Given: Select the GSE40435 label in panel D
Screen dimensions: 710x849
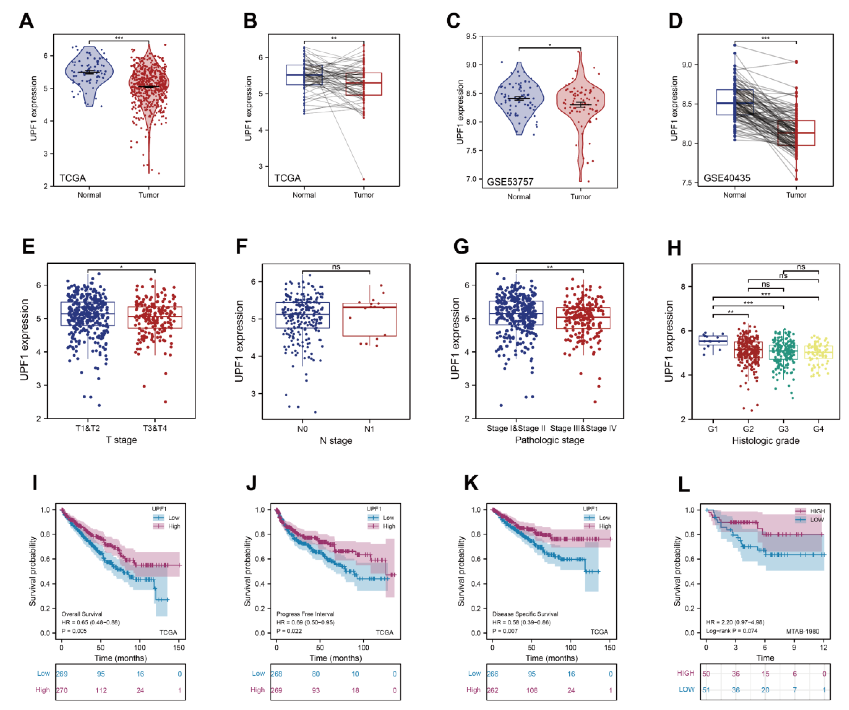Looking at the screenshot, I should click(727, 178).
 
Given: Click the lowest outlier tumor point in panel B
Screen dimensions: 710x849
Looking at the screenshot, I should click(364, 179).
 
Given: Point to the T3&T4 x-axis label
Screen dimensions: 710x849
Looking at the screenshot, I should click(155, 428).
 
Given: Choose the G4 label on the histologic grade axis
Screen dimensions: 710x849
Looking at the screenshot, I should click(818, 429).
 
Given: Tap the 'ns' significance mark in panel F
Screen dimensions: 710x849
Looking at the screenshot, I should click(336, 267).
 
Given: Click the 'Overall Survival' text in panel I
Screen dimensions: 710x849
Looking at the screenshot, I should click(82, 614).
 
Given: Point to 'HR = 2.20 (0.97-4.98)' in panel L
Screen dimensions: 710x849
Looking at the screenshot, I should click(735, 622).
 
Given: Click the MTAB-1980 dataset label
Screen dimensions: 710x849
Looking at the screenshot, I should click(803, 631).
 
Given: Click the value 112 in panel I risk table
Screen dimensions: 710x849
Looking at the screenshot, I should click(101, 690).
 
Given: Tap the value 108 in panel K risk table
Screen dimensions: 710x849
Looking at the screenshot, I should click(532, 690).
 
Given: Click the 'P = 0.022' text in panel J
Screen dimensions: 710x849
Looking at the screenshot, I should click(289, 631).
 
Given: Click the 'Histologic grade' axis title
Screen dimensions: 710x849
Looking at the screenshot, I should click(766, 441).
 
